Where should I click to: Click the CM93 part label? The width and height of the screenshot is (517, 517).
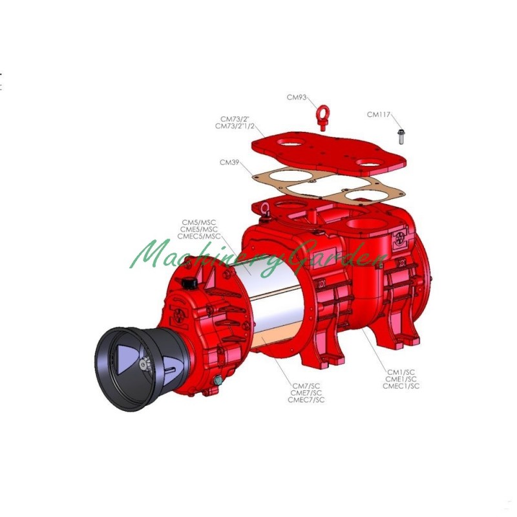pos(297,98)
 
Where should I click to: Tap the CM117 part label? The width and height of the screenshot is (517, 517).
pos(379,114)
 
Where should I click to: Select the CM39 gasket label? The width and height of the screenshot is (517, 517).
pos(229,162)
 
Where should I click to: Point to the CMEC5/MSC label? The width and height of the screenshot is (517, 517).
pos(199,236)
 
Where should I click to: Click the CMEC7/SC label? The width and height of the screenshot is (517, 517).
pos(306,399)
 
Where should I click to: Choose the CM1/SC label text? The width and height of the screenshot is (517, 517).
pos(401,372)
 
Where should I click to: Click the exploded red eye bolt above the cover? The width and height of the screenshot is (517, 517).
pos(322,118)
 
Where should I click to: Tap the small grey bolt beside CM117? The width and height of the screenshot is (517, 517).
pos(401,136)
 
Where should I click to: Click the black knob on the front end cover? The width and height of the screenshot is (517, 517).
pos(189,282)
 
